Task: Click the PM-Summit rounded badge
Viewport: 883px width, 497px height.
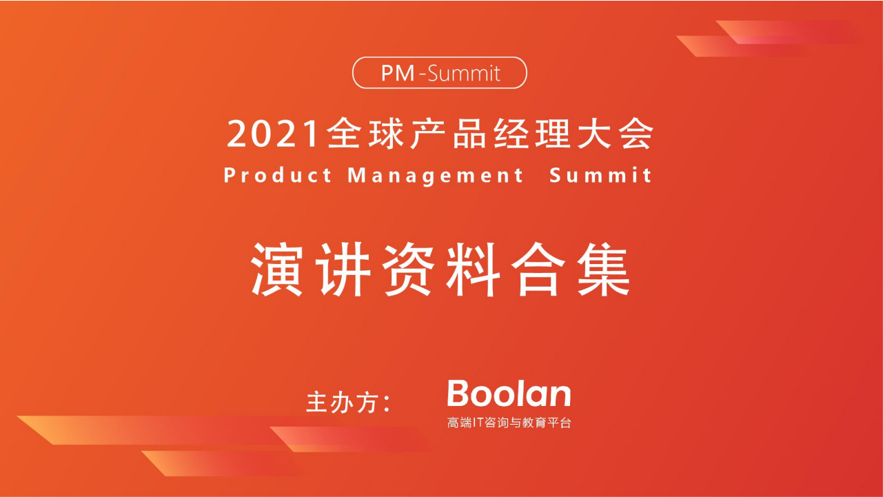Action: point(440,72)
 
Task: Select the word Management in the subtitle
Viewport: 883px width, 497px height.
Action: point(436,176)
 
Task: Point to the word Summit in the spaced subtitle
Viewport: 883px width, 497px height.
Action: point(600,176)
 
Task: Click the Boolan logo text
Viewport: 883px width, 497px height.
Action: point(509,394)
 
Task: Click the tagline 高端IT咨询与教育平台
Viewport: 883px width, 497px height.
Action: point(509,423)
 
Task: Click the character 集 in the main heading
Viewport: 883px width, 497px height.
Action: point(605,271)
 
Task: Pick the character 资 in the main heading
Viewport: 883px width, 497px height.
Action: point(407,271)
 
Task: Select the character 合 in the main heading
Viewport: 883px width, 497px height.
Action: point(539,271)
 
